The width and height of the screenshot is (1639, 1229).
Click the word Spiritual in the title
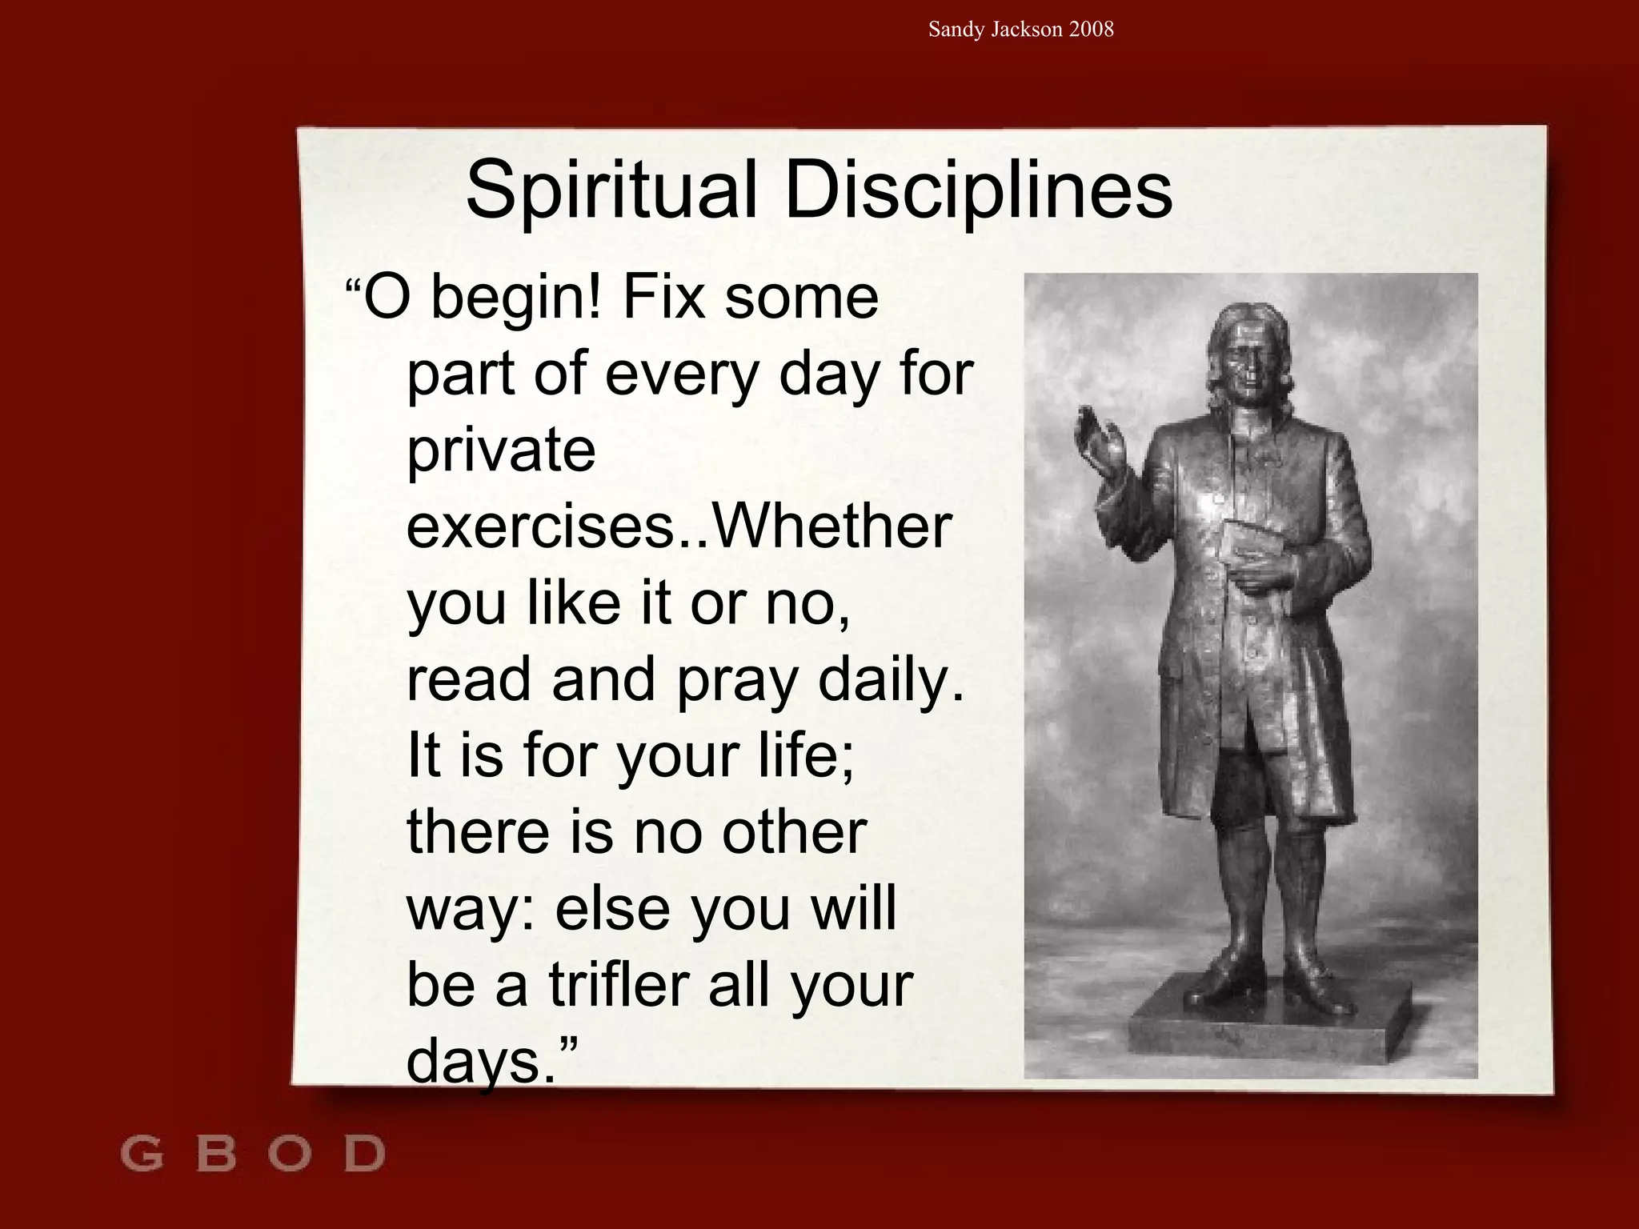[x=611, y=190]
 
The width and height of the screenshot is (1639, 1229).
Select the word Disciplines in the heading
[x=978, y=190]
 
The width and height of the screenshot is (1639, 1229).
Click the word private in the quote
[x=501, y=450]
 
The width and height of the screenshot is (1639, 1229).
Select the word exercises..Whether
[x=679, y=526]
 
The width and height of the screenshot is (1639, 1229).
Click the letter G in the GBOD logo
[x=142, y=1154]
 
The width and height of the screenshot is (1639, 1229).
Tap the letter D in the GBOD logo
[x=364, y=1154]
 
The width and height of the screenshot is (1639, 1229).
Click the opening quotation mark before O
[x=353, y=286]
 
